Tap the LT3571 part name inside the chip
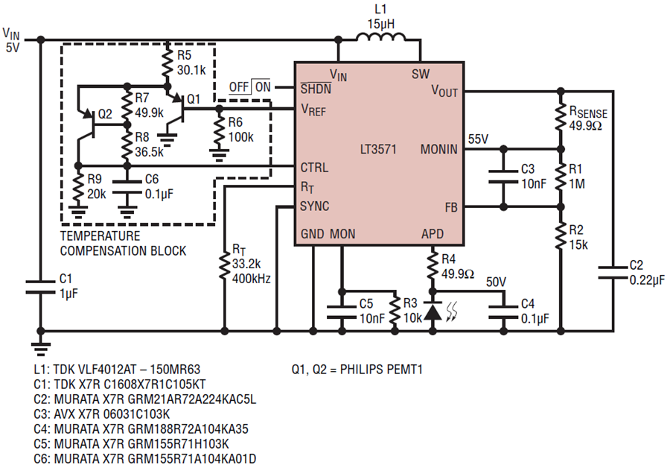[378, 149]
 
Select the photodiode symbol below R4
[433, 311]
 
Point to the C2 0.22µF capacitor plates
[613, 273]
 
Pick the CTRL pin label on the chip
[314, 167]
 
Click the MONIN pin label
[438, 149]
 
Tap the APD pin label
[433, 234]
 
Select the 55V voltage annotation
[478, 139]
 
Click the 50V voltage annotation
[496, 282]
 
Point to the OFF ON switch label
[250, 87]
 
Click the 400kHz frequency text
[252, 279]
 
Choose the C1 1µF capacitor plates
[41, 287]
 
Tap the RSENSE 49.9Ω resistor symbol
[561, 115]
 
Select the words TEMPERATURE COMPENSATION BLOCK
[123, 243]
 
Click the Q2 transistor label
[105, 114]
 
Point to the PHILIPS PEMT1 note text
[381, 369]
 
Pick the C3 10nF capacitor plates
[503, 177]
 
